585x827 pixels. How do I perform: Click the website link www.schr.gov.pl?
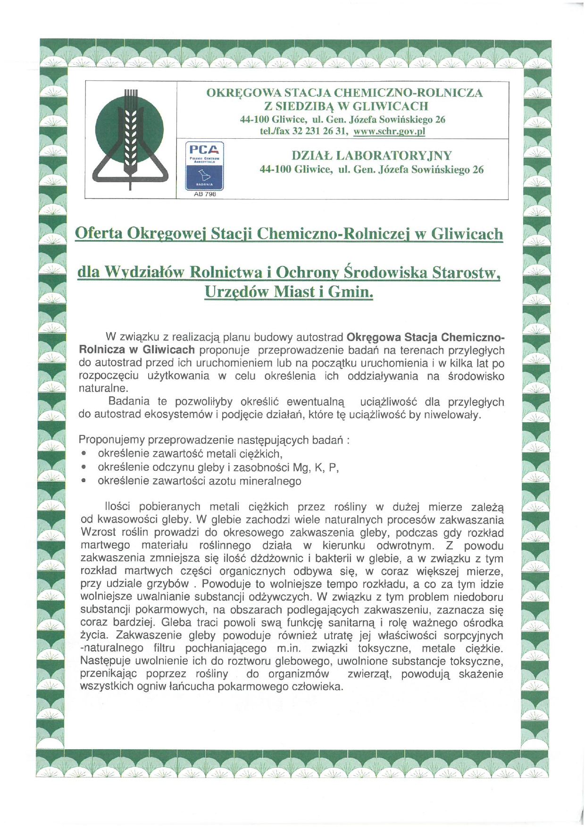389,132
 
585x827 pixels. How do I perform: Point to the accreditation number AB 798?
205,194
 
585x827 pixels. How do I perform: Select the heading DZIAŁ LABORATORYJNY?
372,156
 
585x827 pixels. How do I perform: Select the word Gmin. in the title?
350,292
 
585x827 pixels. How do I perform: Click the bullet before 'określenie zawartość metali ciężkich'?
84,454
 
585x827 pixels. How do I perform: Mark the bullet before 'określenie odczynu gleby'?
84,468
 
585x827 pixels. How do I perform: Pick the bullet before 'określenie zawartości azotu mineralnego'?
84,481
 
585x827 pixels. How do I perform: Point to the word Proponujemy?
112,440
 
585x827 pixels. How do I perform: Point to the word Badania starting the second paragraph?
129,402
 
